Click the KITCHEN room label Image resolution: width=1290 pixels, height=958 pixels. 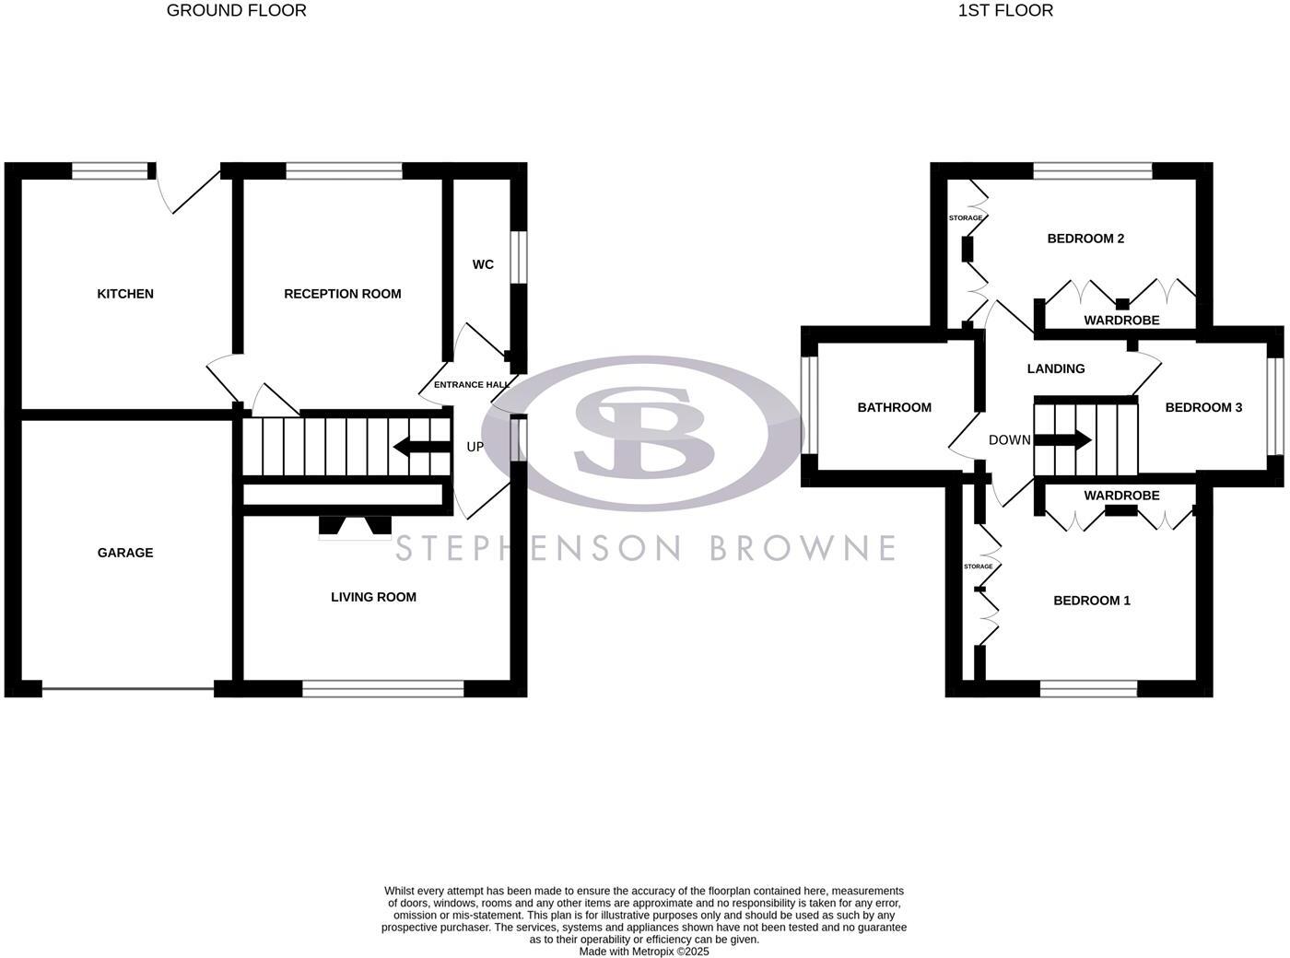tap(125, 294)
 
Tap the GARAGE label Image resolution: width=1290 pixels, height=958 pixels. tap(125, 553)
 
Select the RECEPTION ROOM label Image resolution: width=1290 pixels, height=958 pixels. tap(342, 294)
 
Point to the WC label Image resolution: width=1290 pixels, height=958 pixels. tap(483, 264)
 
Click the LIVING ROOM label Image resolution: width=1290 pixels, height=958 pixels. tap(373, 597)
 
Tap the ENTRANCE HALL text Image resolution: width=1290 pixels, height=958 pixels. tap(472, 385)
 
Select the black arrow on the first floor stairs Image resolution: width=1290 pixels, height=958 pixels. tap(1069, 440)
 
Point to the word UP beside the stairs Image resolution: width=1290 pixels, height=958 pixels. tap(475, 447)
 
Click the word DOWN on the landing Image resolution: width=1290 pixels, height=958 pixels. tap(1009, 440)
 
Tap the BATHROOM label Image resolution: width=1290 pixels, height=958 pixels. tap(894, 407)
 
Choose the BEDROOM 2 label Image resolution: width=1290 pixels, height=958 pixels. tap(1085, 239)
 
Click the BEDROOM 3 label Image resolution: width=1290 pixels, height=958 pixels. tap(1203, 407)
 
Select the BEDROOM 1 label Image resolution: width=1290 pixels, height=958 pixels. tap(1091, 601)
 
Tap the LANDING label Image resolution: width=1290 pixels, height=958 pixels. tap(1055, 368)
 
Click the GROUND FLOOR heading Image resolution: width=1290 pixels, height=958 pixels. tap(236, 11)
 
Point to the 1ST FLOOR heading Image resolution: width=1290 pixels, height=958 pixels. tap(1005, 11)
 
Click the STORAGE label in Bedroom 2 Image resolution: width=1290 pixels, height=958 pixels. tap(965, 218)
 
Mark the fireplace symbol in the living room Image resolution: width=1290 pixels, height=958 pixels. tap(355, 526)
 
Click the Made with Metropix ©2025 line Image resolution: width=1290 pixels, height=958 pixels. tap(643, 952)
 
